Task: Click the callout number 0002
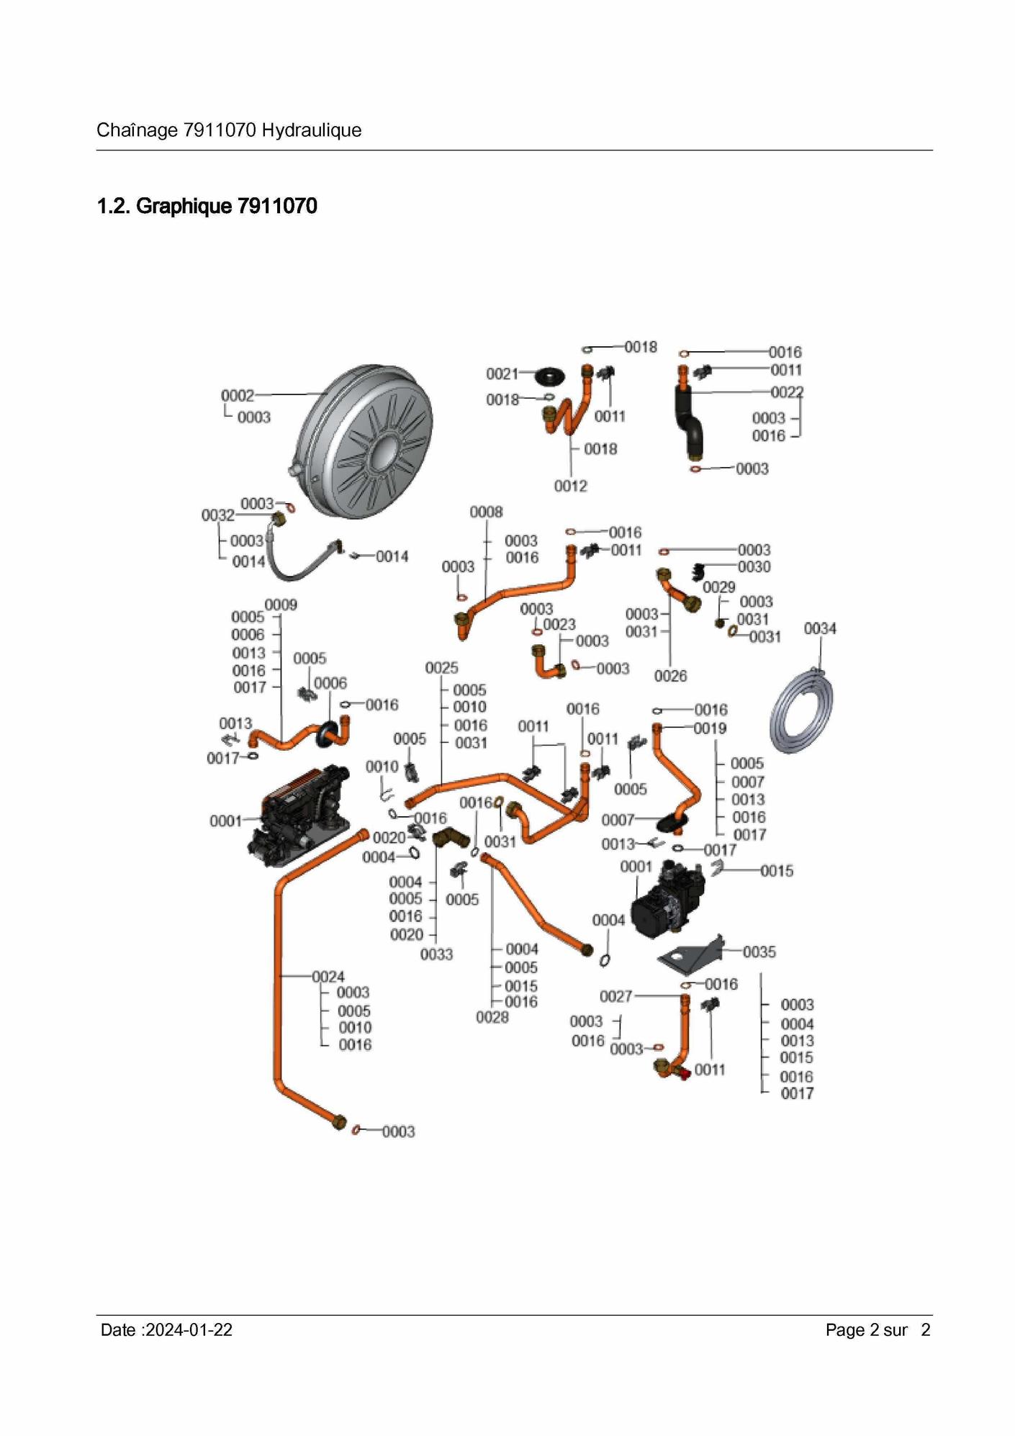click(x=237, y=395)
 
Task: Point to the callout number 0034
click(x=820, y=629)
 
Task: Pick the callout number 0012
click(x=570, y=487)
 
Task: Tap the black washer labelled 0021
click(x=551, y=375)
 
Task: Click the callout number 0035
click(x=759, y=952)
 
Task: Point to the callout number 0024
click(x=328, y=977)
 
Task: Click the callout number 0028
click(x=492, y=1017)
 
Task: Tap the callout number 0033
click(x=436, y=954)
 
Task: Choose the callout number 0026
click(x=670, y=676)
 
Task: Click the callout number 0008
click(x=486, y=512)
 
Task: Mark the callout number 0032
click(x=217, y=515)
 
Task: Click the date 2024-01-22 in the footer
click(x=189, y=1330)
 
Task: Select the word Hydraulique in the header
click(x=311, y=130)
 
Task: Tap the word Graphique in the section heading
click(x=184, y=207)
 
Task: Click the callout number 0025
click(x=441, y=668)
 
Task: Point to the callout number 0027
click(x=615, y=996)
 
